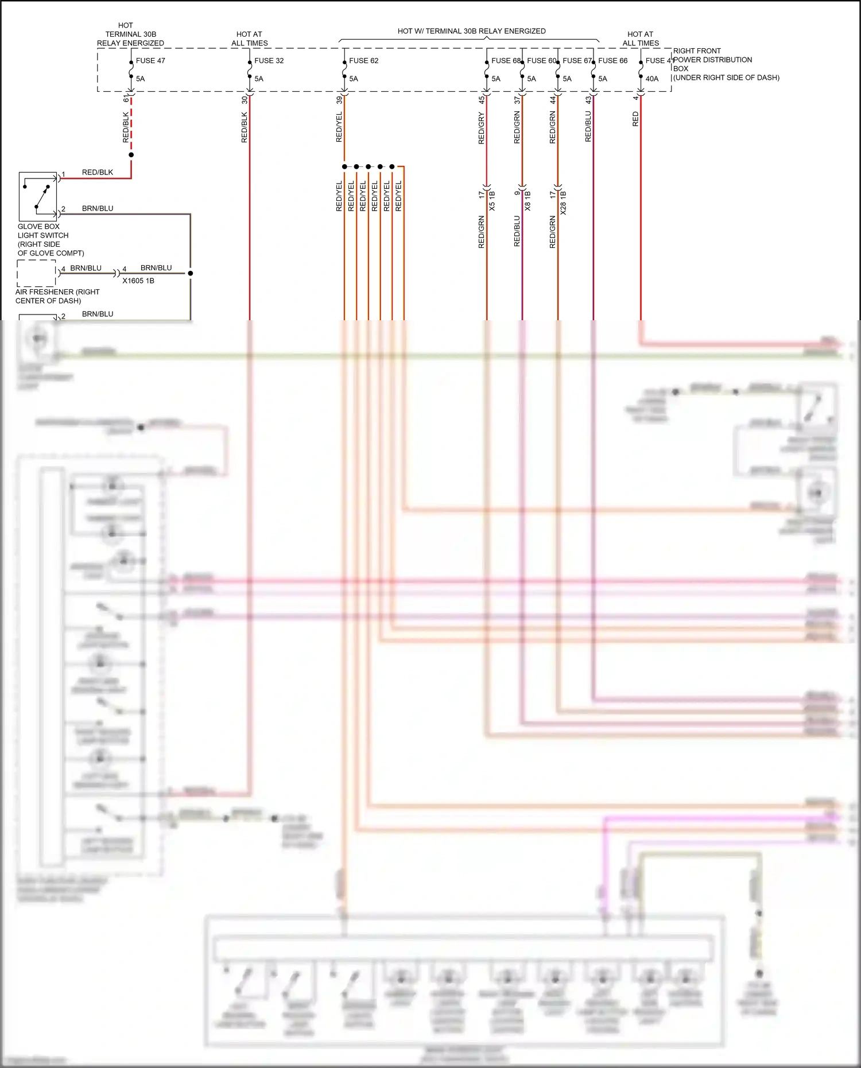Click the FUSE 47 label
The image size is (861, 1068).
pyautogui.click(x=150, y=60)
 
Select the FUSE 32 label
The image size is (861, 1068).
pyautogui.click(x=269, y=60)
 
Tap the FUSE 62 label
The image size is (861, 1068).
pyautogui.click(x=363, y=60)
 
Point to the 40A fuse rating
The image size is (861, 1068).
pyautogui.click(x=652, y=79)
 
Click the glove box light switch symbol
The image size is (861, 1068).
pyautogui.click(x=38, y=196)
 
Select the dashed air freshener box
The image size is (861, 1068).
pyautogui.click(x=36, y=273)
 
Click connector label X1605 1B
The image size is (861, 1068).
pyautogui.click(x=138, y=281)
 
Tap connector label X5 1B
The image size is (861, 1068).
pyautogui.click(x=492, y=201)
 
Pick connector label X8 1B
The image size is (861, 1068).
pyautogui.click(x=528, y=201)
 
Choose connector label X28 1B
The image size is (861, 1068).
pyautogui.click(x=563, y=203)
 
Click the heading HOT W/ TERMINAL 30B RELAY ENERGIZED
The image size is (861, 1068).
pyautogui.click(x=471, y=31)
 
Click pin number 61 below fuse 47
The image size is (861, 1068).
pyautogui.click(x=126, y=99)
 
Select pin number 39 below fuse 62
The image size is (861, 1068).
pyautogui.click(x=339, y=99)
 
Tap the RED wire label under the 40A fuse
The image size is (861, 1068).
pyautogui.click(x=635, y=119)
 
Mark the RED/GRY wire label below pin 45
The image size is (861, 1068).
pyautogui.click(x=481, y=128)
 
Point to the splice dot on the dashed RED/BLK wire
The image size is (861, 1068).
pyautogui.click(x=131, y=155)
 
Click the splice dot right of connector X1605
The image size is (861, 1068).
pyautogui.click(x=190, y=273)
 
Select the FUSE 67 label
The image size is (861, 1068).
pyautogui.click(x=577, y=60)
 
